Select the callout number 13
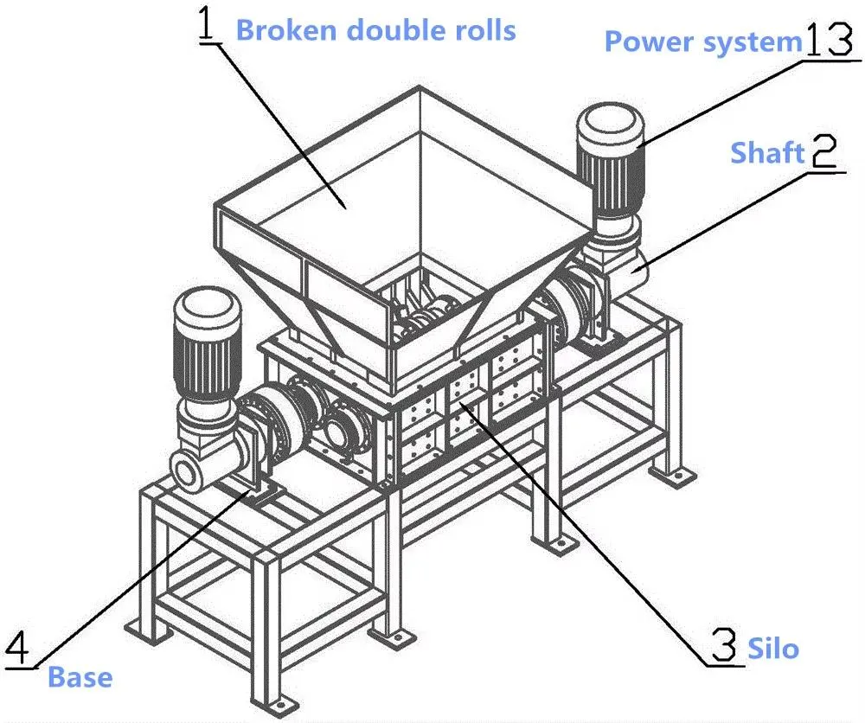click(830, 40)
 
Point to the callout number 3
click(723, 646)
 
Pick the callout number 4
click(22, 648)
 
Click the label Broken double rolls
click(375, 30)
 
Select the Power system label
click(703, 42)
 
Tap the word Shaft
click(767, 153)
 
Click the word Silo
click(773, 648)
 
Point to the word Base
click(80, 676)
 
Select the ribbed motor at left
click(208, 346)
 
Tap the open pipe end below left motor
click(188, 471)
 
